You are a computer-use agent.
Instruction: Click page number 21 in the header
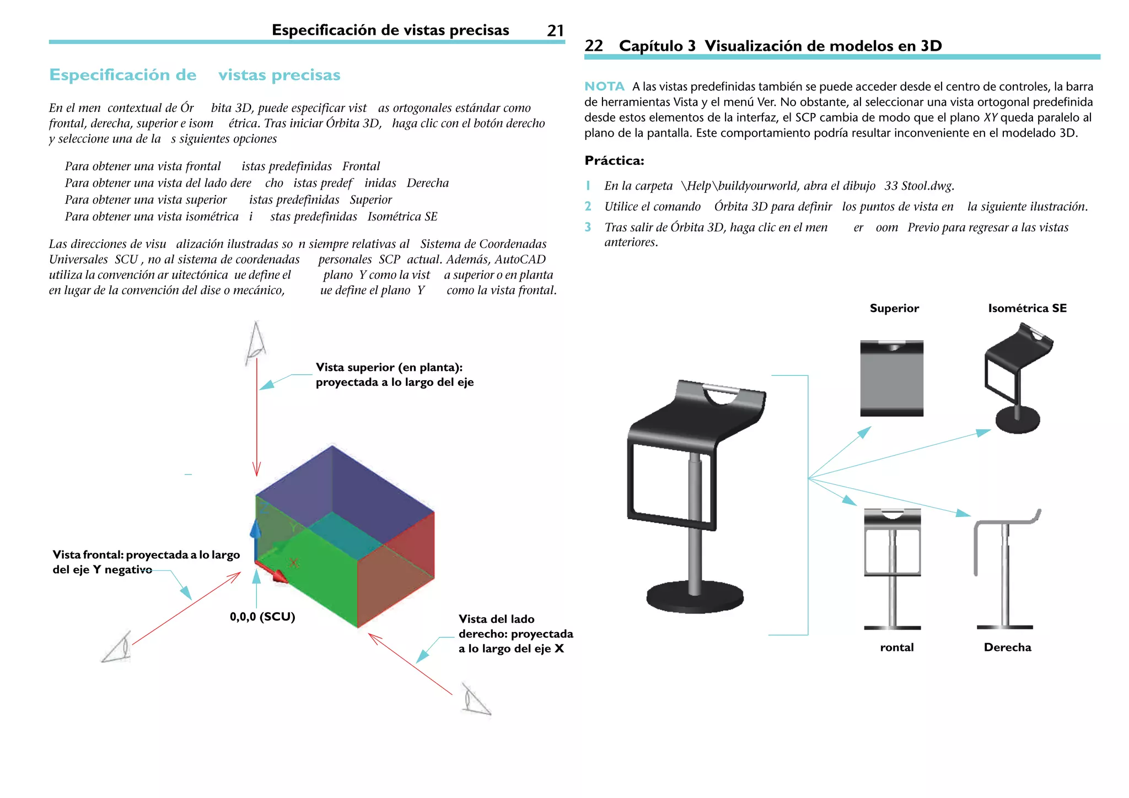(x=555, y=30)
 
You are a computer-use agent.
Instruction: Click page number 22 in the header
(x=594, y=46)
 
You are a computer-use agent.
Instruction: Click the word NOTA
(x=604, y=87)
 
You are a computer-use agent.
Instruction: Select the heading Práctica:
(x=614, y=161)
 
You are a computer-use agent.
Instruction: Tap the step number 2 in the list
(x=588, y=207)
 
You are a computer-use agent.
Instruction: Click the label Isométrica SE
(x=1027, y=308)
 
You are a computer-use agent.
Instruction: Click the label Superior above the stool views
(x=894, y=308)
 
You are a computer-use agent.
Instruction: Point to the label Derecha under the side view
(x=1007, y=648)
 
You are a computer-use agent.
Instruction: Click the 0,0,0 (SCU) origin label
(x=262, y=617)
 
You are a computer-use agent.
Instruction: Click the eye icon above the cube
(x=255, y=342)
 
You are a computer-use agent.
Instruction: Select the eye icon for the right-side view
(x=475, y=700)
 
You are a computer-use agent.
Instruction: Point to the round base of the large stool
(x=695, y=598)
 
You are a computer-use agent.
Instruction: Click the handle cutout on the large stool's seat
(x=721, y=396)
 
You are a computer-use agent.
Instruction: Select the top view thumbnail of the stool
(x=891, y=379)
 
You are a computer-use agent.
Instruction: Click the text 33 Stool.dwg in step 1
(x=919, y=186)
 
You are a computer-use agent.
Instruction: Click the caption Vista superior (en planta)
(x=389, y=368)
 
